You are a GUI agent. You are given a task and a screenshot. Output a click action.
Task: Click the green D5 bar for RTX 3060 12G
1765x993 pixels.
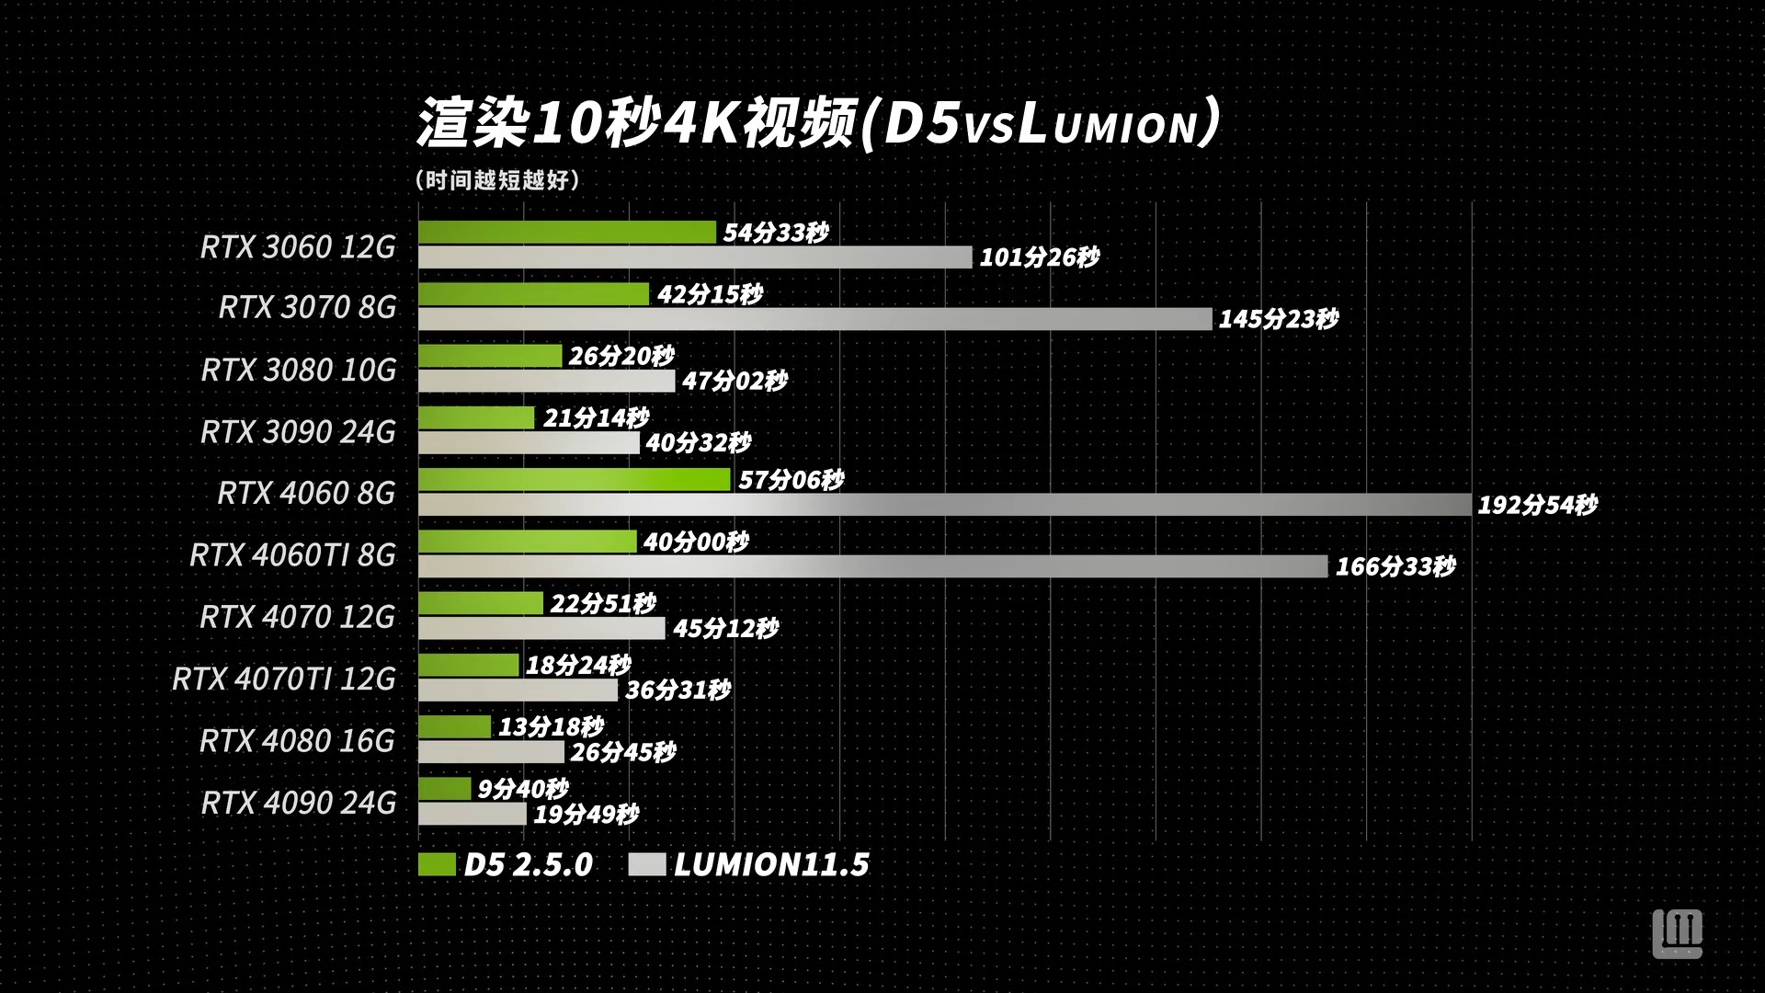(x=566, y=233)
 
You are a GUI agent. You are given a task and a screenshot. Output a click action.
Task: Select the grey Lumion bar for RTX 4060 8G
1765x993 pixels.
(x=944, y=505)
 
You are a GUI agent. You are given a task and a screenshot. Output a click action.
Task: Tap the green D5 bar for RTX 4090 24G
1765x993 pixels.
(x=445, y=789)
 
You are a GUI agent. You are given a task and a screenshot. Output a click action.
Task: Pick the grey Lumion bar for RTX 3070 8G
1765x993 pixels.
(x=814, y=319)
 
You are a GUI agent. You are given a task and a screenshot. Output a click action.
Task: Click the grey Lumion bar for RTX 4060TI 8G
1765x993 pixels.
(x=872, y=566)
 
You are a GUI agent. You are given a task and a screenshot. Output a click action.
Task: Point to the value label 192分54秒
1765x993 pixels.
(x=1537, y=505)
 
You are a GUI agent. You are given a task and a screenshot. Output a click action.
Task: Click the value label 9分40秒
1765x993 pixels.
(x=523, y=789)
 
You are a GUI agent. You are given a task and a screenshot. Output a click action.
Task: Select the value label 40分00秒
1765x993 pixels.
(x=696, y=542)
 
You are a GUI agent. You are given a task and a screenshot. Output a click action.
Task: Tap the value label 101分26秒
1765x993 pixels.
(x=1039, y=257)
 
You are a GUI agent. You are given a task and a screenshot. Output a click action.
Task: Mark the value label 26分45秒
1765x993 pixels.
(x=623, y=752)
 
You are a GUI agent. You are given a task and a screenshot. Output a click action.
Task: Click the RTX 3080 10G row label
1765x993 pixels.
(x=299, y=370)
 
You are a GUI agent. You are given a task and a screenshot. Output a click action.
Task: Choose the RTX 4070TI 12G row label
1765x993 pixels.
(x=284, y=679)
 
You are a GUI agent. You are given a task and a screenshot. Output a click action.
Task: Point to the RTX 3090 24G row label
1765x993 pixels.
(x=299, y=431)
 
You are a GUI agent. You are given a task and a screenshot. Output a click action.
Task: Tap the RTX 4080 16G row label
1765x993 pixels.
(x=298, y=740)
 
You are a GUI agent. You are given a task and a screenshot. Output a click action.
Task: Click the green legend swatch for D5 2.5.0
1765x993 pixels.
(x=437, y=864)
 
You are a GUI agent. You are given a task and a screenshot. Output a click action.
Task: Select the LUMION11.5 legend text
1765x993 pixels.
(x=771, y=864)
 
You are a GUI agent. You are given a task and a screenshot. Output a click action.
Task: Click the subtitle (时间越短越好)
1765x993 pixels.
(x=497, y=180)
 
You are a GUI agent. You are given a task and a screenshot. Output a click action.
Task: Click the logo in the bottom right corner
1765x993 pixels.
(x=1677, y=934)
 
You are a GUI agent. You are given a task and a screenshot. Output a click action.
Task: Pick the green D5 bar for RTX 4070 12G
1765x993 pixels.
(x=480, y=603)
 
